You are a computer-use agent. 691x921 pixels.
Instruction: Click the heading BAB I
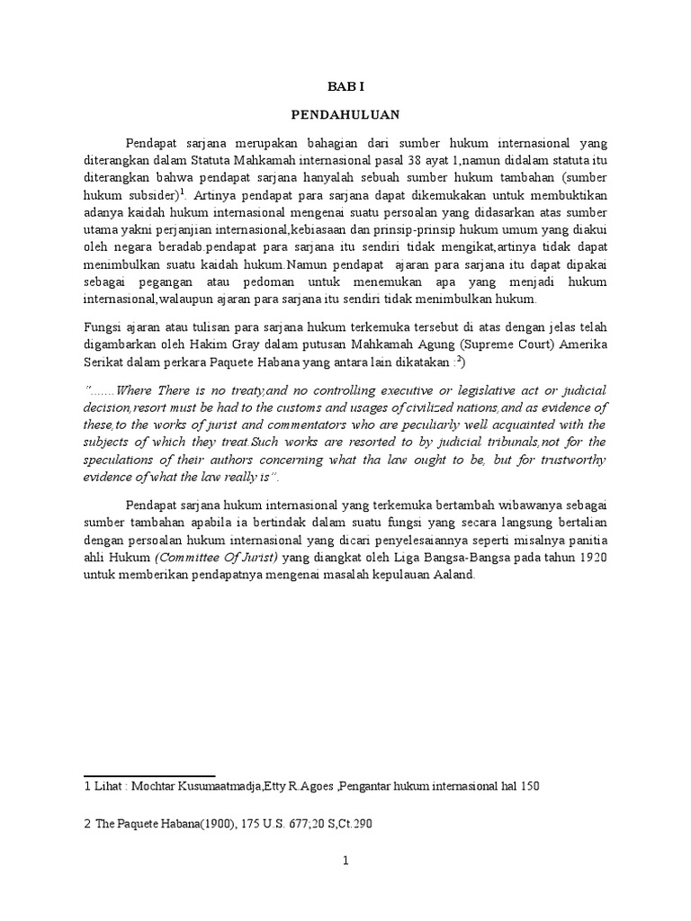(345, 88)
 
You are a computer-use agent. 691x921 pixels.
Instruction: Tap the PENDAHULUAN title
(345, 115)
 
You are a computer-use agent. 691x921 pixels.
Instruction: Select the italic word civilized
(413, 407)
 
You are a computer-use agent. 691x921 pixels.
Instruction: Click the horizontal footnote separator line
(148, 774)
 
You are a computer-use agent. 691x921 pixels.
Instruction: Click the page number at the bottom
(345, 861)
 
